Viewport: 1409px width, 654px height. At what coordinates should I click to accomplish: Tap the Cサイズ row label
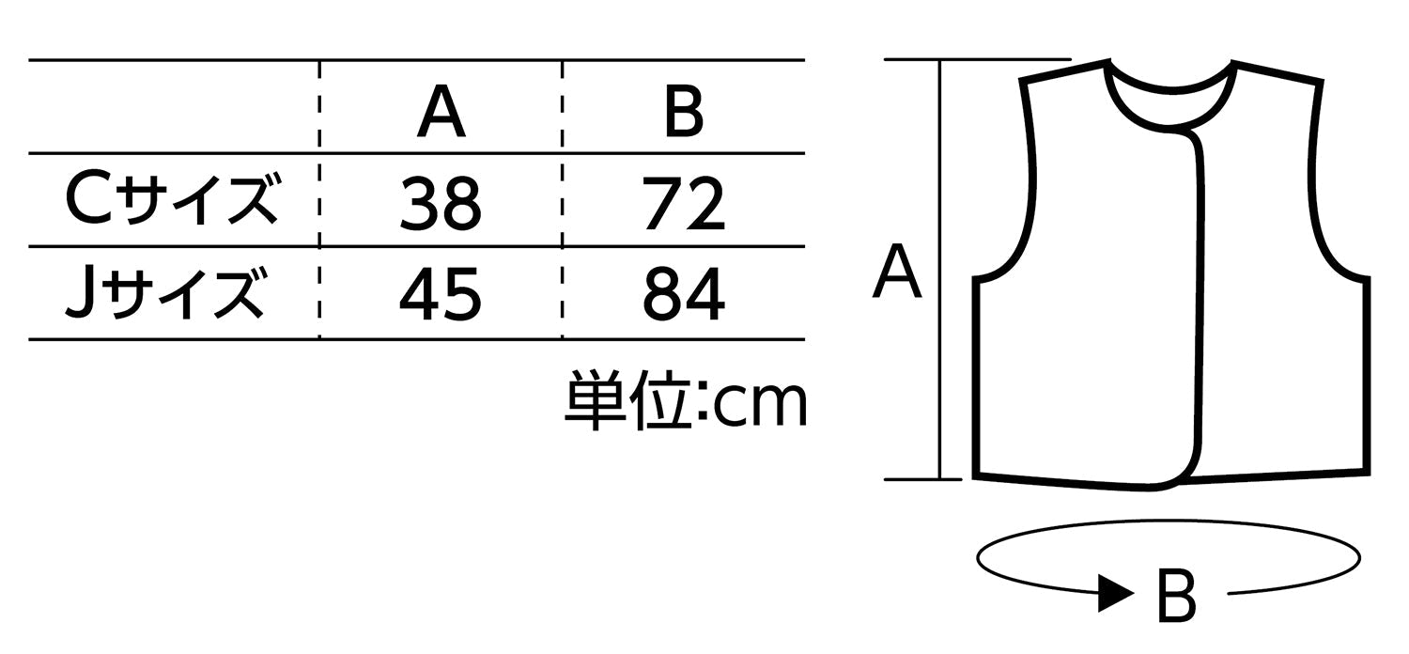[x=171, y=200]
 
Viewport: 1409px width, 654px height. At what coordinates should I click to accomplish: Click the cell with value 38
[x=441, y=203]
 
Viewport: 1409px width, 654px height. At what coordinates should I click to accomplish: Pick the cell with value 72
[x=684, y=203]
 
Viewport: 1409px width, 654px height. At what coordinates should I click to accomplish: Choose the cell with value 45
[x=441, y=295]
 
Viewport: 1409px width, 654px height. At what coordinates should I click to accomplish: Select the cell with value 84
[x=684, y=295]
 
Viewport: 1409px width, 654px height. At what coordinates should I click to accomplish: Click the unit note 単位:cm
[x=685, y=401]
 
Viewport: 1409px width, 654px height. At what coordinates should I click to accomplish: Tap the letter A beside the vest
[x=897, y=272]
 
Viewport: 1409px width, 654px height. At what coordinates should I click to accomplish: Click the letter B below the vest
[x=1176, y=596]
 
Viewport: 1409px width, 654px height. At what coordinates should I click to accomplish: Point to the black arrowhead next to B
[x=1115, y=593]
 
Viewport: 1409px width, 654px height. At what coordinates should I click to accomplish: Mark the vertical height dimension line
[x=939, y=270]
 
